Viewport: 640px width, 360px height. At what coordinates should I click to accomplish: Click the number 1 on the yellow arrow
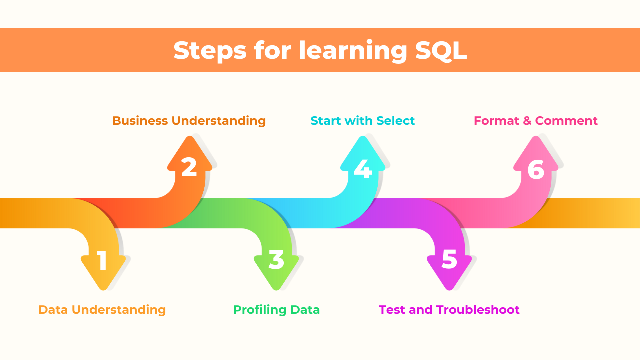coord(102,260)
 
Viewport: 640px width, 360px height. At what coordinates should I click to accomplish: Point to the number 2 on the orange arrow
coord(189,168)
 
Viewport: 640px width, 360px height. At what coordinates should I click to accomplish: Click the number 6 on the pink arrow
coord(536,170)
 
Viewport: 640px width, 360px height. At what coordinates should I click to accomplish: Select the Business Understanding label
coord(189,121)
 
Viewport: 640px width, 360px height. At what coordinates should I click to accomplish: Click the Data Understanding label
coord(102,310)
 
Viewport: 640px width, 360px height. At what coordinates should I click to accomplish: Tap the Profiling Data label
coord(276,310)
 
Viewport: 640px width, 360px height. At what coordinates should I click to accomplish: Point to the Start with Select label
coord(362,121)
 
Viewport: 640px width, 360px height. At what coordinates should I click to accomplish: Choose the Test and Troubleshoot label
coord(449,310)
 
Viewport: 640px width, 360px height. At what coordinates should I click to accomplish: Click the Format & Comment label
coord(536,121)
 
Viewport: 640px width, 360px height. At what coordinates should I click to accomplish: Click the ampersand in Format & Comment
coord(526,121)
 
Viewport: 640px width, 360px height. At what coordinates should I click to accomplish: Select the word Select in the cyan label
coord(396,121)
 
